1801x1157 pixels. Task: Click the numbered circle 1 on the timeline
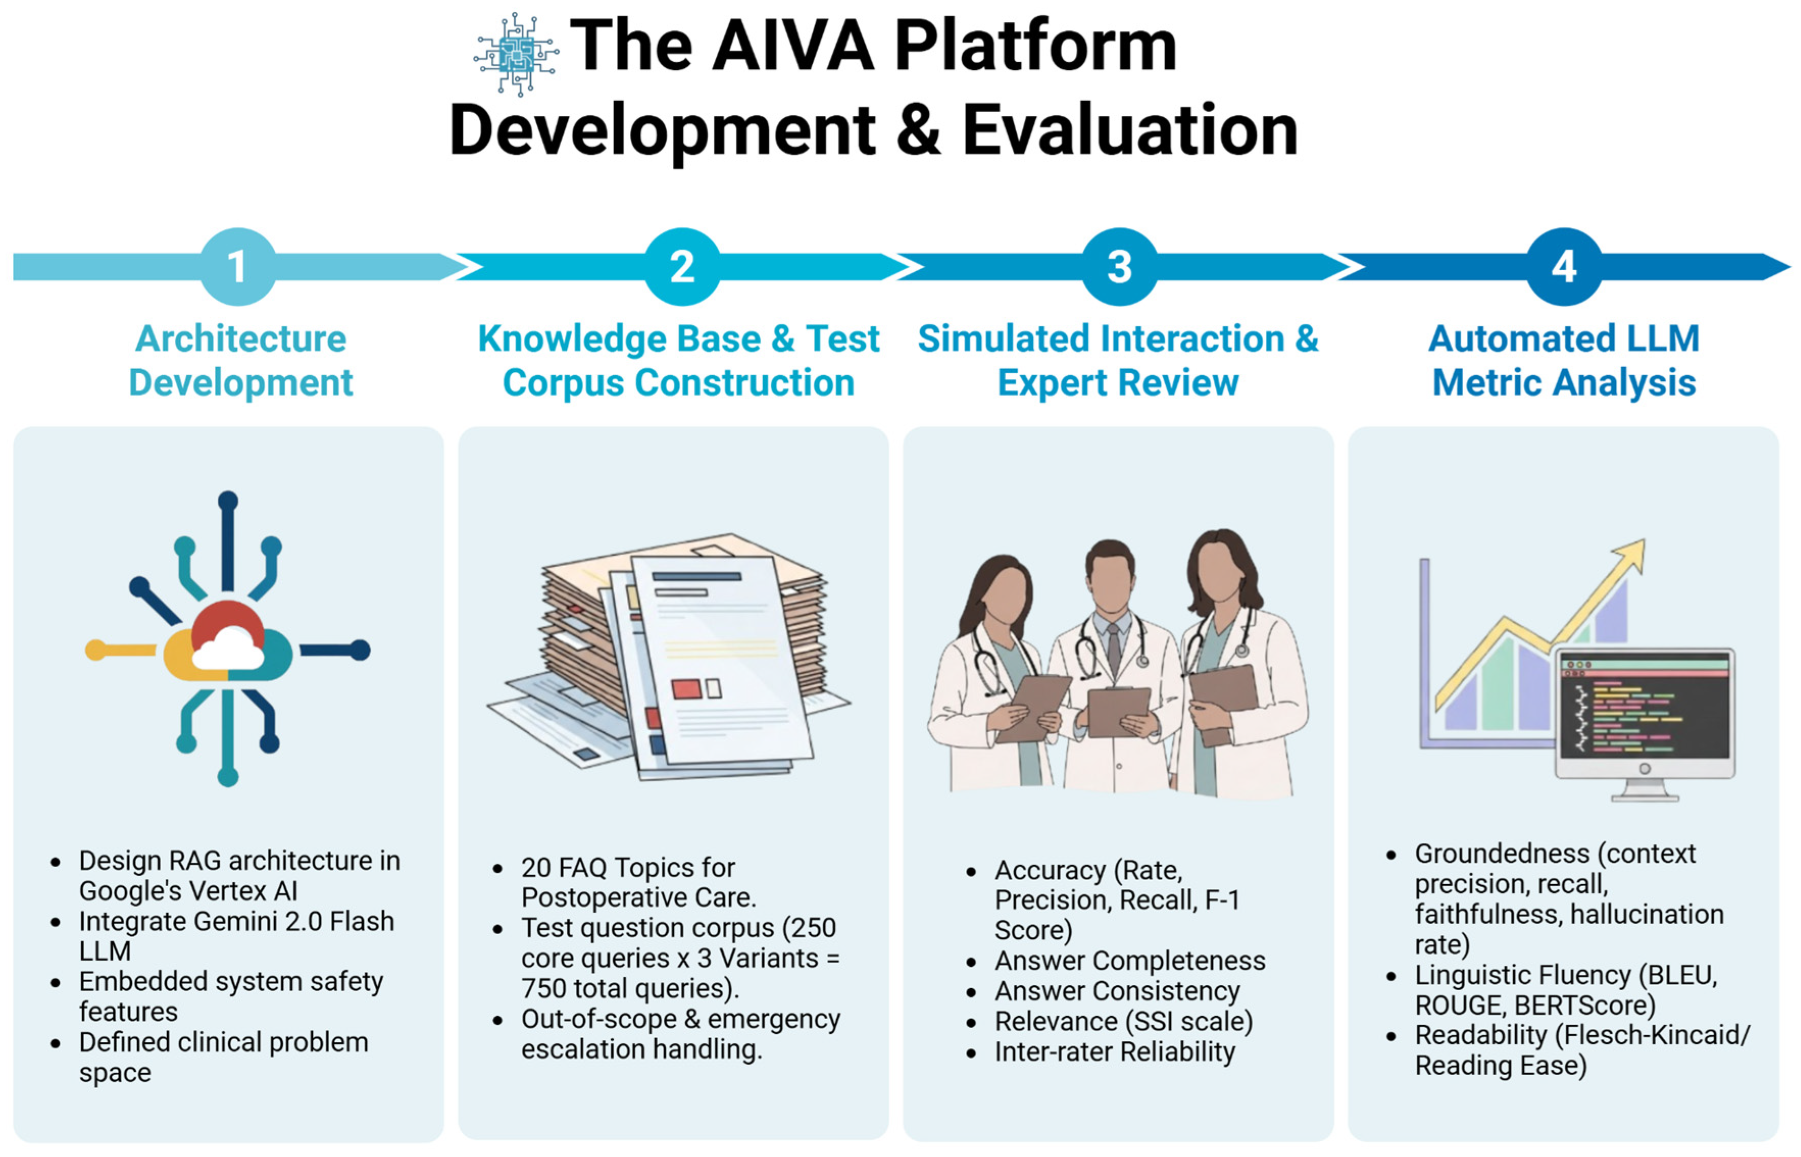pyautogui.click(x=238, y=267)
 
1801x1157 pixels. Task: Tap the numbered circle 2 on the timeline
pyautogui.click(x=682, y=267)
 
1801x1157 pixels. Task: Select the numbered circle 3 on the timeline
pyautogui.click(x=1119, y=267)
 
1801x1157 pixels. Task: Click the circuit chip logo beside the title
pyautogui.click(x=516, y=54)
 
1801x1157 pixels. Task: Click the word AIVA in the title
pyautogui.click(x=793, y=46)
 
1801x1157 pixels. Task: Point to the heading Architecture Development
pyautogui.click(x=240, y=361)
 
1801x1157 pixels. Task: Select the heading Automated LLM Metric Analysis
pyautogui.click(x=1563, y=361)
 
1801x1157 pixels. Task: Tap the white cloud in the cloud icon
pyautogui.click(x=228, y=649)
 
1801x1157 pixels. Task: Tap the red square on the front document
pyautogui.click(x=686, y=688)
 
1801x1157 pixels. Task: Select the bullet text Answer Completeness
pyautogui.click(x=1130, y=961)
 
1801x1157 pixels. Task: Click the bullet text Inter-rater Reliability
pyautogui.click(x=1115, y=1052)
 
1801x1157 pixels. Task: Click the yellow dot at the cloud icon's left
pyautogui.click(x=95, y=650)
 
